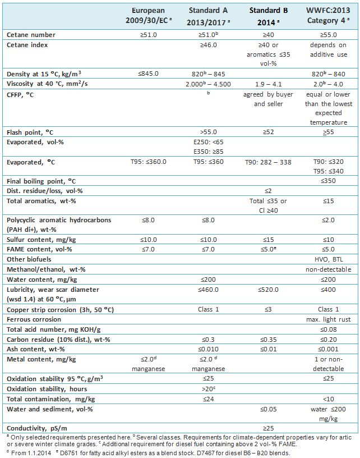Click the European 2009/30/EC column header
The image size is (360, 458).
pos(149,16)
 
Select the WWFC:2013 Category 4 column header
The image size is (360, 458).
pos(328,16)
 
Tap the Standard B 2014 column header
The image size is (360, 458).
pos(269,16)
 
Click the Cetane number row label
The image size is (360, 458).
pos(31,35)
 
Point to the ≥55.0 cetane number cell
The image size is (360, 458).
pos(328,35)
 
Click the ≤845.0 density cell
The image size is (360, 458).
pos(148,74)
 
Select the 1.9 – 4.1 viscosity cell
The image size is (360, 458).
pos(269,84)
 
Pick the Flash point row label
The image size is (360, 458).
pos(30,132)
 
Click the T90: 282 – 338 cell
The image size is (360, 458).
pos(268,162)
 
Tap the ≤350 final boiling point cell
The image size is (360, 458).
pos(328,181)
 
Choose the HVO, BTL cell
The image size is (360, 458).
pos(329,259)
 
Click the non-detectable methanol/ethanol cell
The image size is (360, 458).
pos(328,269)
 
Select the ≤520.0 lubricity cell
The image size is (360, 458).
pos(268,290)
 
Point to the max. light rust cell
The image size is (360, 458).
pos(328,319)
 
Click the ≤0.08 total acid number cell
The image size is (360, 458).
pos(328,329)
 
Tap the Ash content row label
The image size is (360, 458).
pos(35,349)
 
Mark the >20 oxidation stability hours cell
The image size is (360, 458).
pos(208,389)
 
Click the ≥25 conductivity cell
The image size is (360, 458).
pos(269,428)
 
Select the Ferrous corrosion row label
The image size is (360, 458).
pos(34,319)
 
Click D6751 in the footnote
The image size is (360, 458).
pos(70,454)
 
